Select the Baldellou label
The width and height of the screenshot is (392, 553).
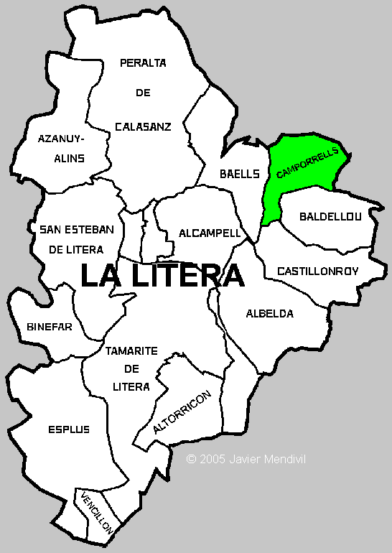(330, 216)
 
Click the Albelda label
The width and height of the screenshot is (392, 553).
(270, 314)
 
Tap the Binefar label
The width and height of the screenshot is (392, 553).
(50, 327)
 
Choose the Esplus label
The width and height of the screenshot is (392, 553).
(70, 429)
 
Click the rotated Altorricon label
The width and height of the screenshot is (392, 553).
(182, 413)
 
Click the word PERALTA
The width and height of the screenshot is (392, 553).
(143, 63)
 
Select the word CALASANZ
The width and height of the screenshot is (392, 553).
(143, 127)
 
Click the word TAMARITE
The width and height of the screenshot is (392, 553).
(131, 352)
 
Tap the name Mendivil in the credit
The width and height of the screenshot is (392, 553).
(285, 458)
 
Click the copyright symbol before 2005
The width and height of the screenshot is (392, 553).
(190, 458)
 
